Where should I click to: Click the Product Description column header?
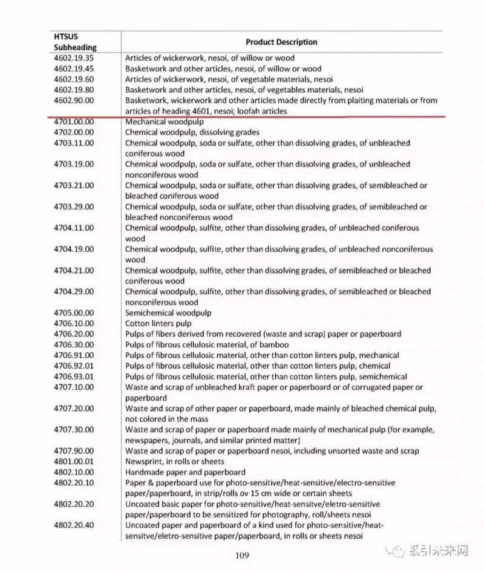281,42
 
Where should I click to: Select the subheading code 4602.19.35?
74,59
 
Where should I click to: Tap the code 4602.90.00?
74,100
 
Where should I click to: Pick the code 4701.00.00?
74,122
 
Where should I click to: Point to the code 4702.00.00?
74,132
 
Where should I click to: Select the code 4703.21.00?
74,185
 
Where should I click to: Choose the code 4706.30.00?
74,344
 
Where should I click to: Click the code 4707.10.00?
74,387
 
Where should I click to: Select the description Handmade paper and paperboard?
185,472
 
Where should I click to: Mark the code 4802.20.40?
74,525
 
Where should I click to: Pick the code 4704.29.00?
74,292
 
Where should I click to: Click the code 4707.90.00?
74,451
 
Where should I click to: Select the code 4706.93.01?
74,376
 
